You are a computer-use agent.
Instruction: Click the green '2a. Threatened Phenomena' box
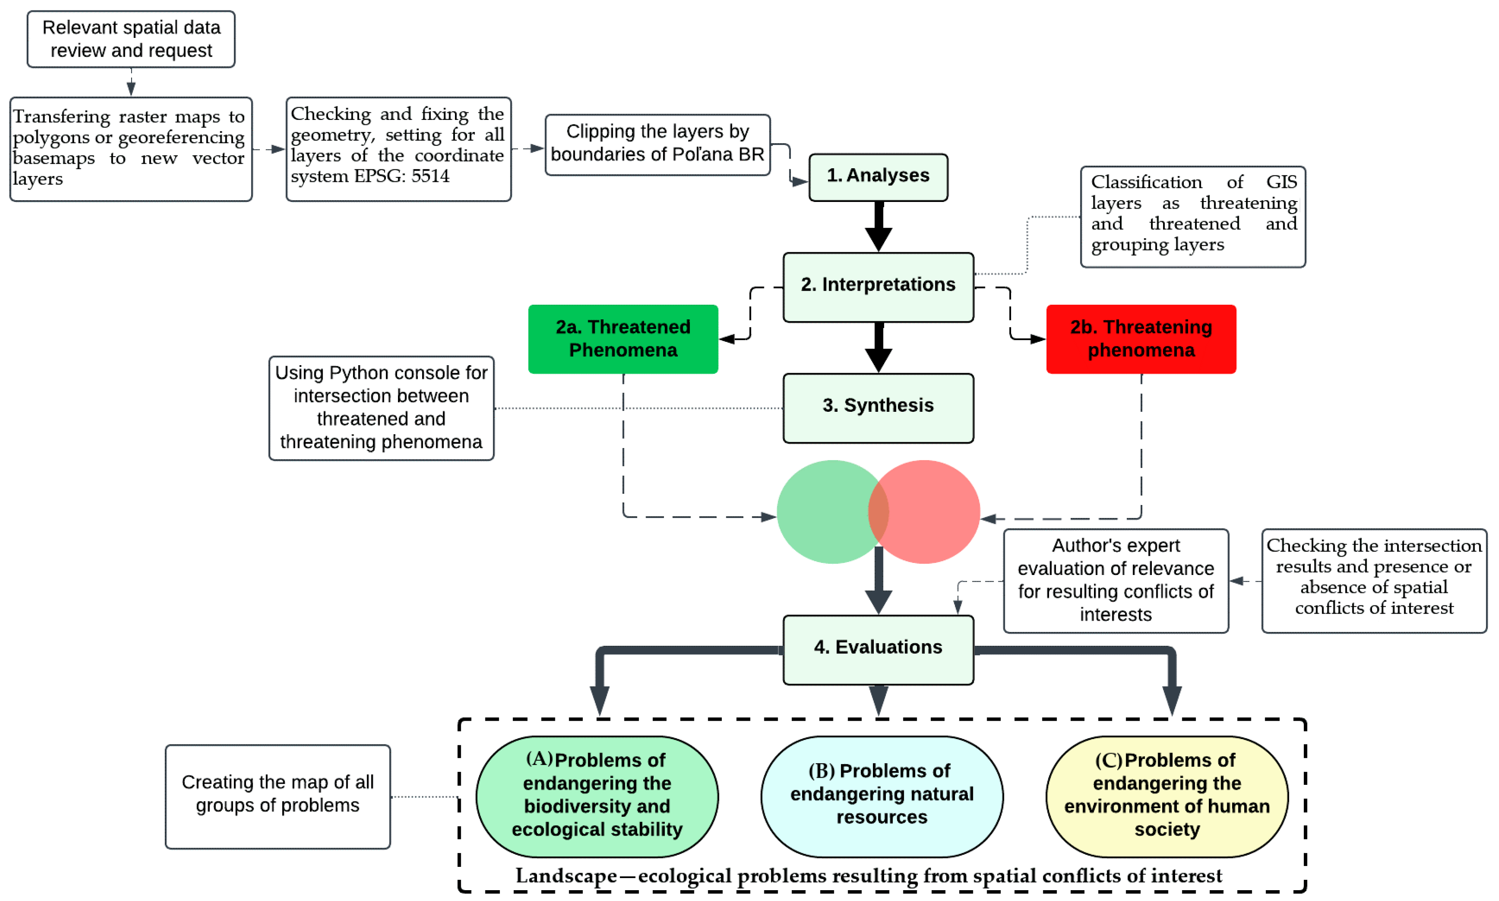point(623,339)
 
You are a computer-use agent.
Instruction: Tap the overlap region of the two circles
point(878,511)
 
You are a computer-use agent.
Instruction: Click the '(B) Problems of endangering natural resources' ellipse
point(881,796)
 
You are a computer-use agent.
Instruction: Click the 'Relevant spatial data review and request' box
point(131,39)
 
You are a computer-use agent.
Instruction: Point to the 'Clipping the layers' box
point(657,144)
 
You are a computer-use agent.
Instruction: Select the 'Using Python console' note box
point(381,407)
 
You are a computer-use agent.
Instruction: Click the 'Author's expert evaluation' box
point(1116,580)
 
